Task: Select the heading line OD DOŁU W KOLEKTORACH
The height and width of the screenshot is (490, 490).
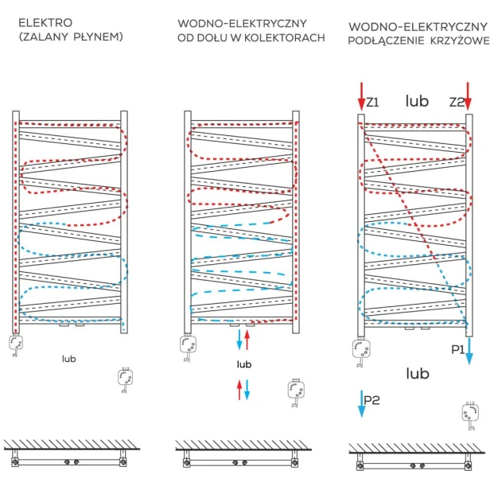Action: (251, 38)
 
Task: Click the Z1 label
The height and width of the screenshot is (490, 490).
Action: (373, 103)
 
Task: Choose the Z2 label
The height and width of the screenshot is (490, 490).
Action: (455, 103)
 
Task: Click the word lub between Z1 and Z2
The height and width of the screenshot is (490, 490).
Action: (416, 101)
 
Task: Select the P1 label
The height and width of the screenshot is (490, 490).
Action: (457, 349)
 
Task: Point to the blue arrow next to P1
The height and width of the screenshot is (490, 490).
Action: (469, 348)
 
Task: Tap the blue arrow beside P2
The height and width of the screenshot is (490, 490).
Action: (361, 402)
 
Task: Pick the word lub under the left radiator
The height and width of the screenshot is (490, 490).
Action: (68, 359)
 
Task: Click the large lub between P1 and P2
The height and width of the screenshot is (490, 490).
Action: (418, 373)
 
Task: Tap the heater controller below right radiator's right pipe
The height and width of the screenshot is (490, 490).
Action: (471, 414)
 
